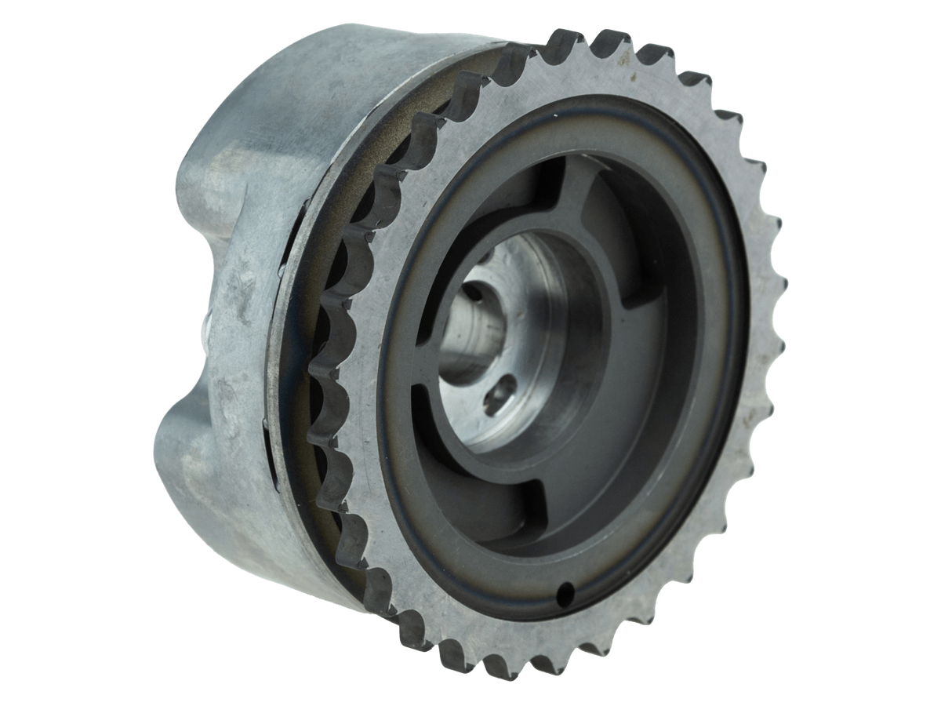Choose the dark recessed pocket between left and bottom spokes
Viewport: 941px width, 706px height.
[463, 479]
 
